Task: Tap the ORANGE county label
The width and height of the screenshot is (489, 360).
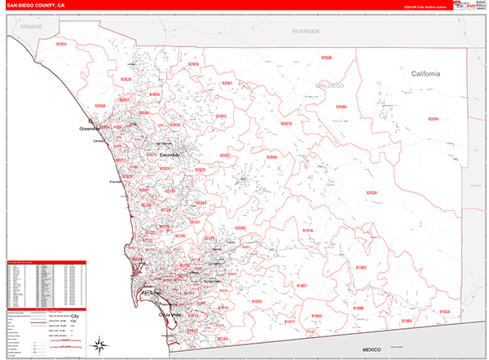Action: (x=31, y=27)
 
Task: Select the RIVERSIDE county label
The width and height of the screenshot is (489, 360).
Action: (x=306, y=30)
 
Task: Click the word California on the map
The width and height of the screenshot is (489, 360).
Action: (x=425, y=73)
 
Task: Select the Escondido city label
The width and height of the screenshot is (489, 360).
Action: (x=170, y=154)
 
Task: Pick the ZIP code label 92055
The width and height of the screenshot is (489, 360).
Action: (x=62, y=45)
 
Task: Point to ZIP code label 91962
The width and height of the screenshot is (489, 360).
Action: (x=361, y=266)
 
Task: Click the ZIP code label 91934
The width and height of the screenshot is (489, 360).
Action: (x=443, y=311)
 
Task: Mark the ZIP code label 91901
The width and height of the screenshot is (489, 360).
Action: (x=301, y=286)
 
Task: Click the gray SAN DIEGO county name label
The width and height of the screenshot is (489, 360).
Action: (x=332, y=86)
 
